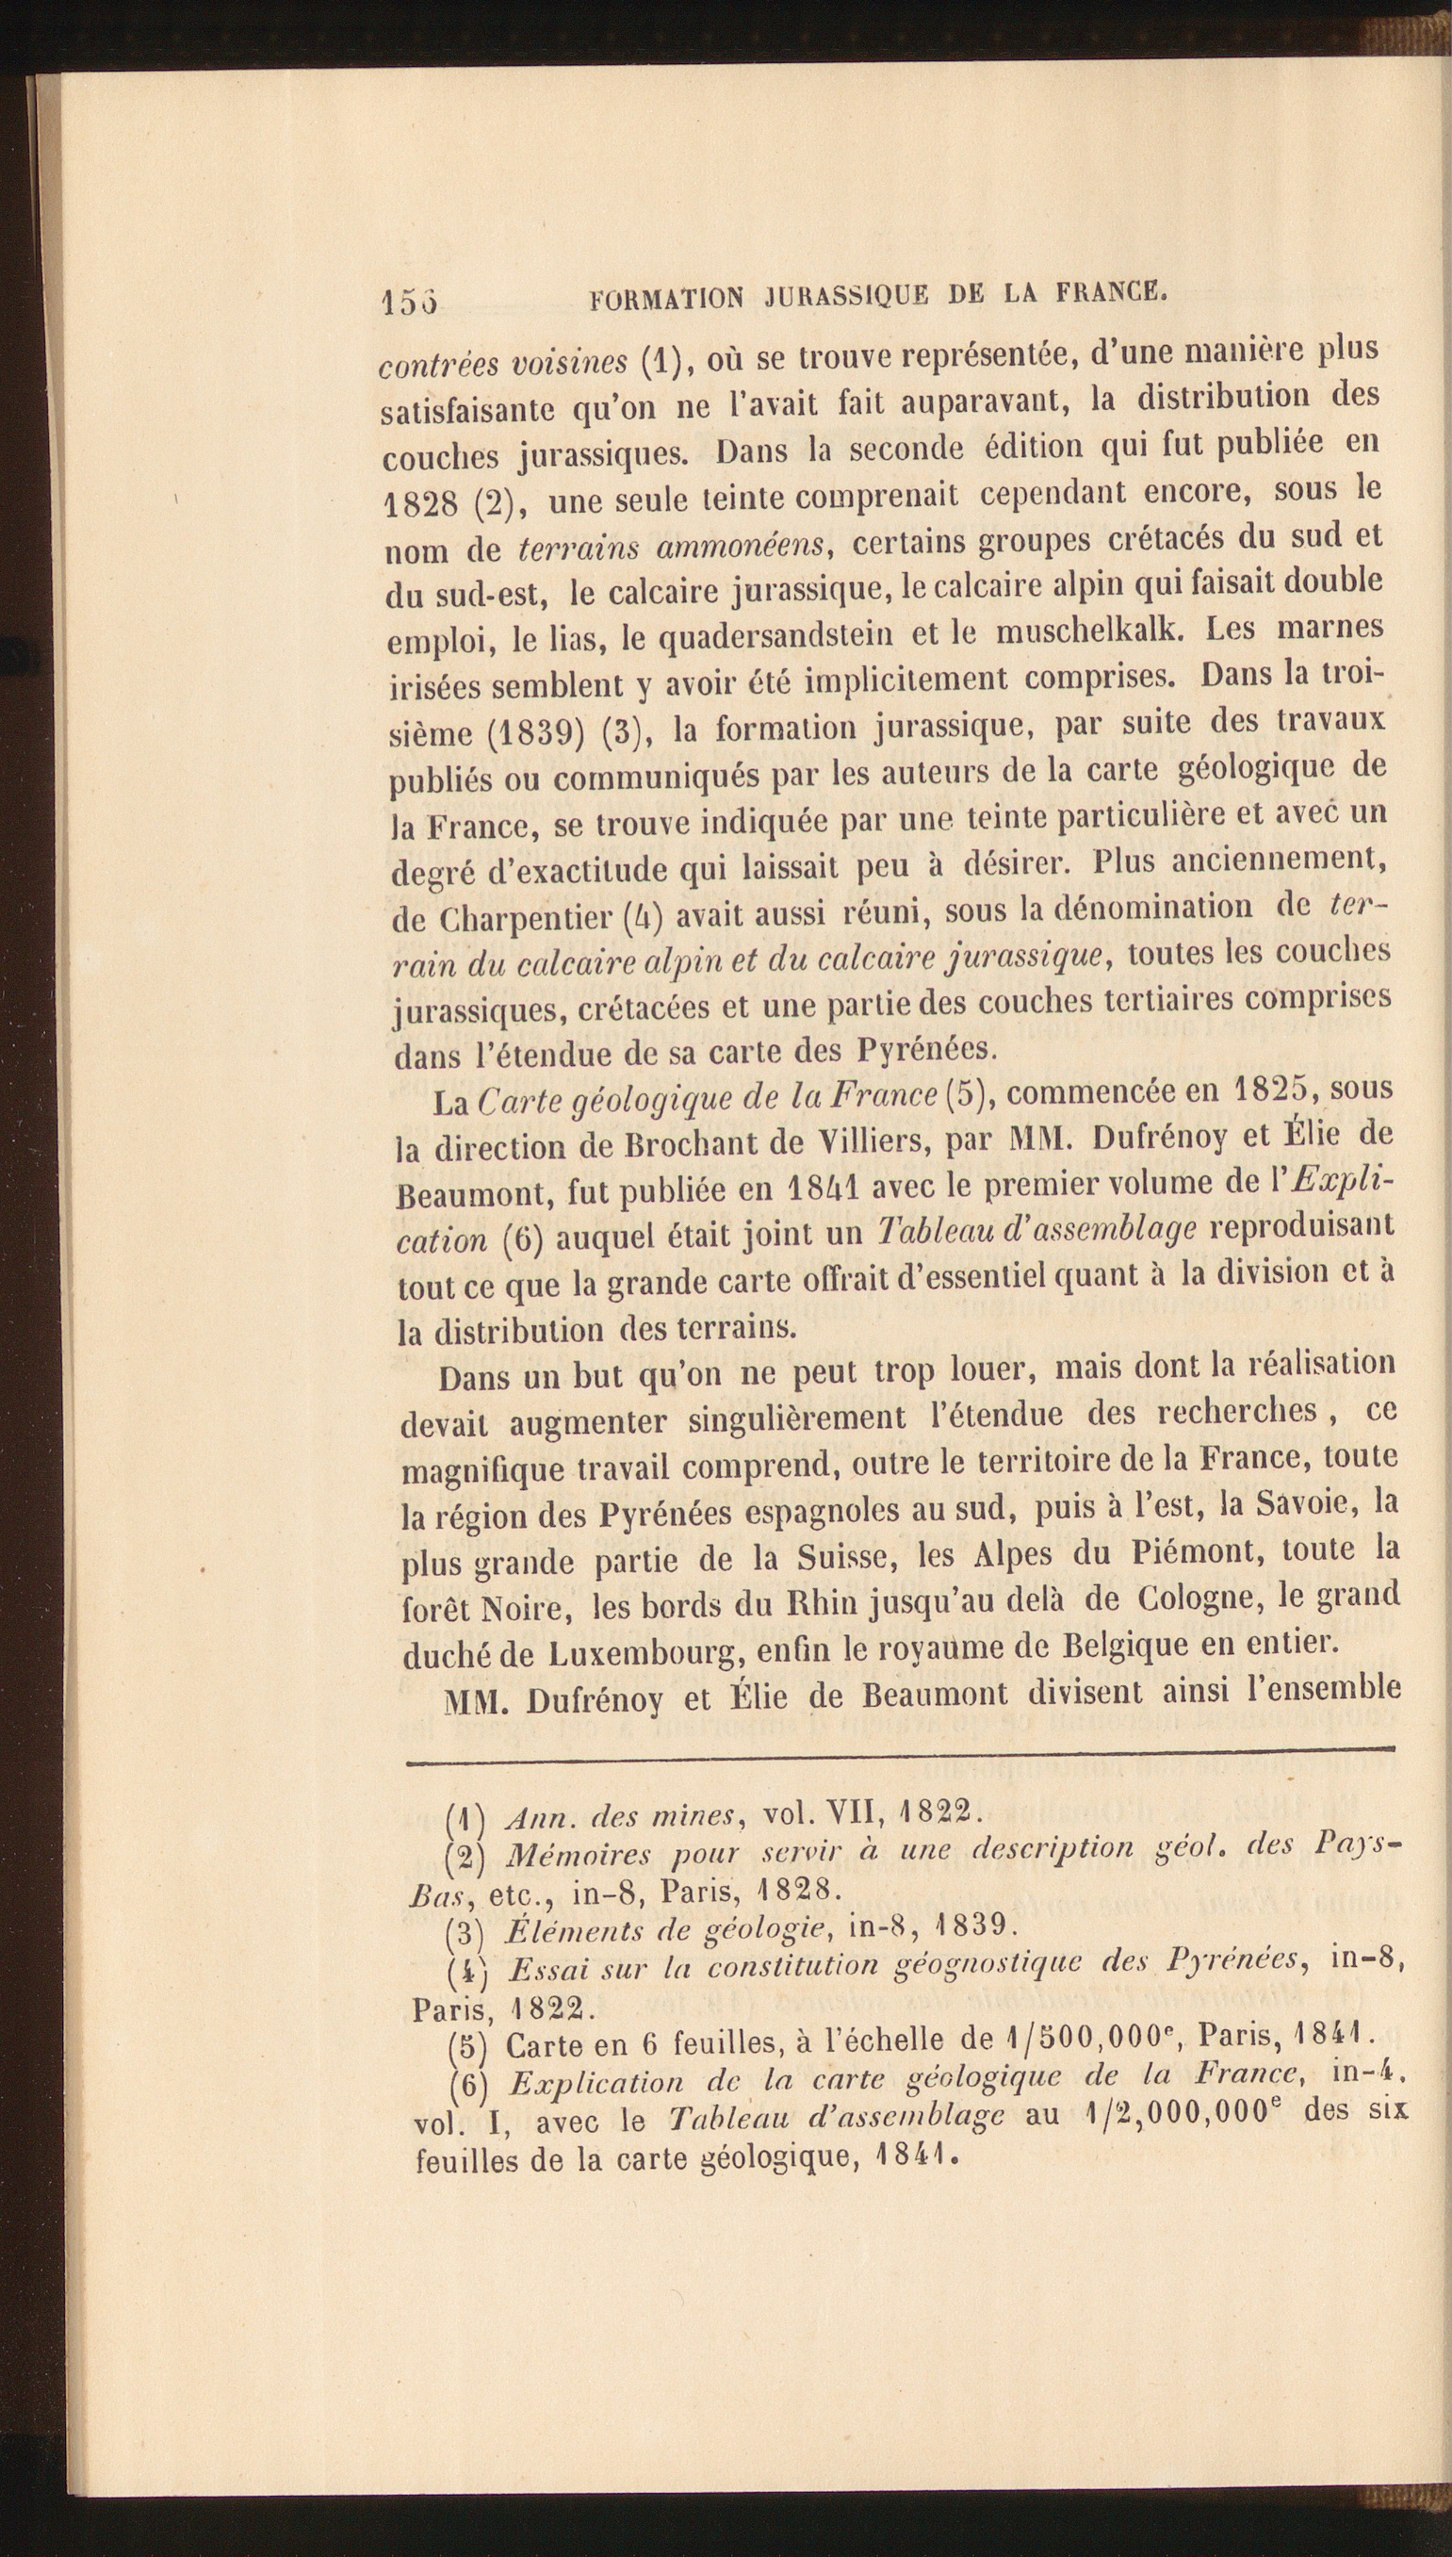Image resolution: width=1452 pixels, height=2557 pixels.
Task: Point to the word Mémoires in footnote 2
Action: (578, 1856)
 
